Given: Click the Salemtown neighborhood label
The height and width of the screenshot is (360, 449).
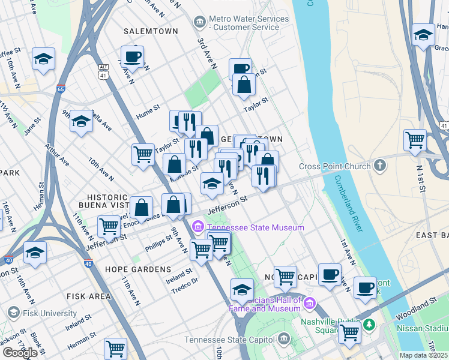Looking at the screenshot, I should click(x=151, y=31).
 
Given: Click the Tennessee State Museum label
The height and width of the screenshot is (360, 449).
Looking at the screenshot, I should click(x=255, y=227).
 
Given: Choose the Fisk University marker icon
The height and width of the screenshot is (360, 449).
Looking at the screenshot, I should click(x=13, y=313).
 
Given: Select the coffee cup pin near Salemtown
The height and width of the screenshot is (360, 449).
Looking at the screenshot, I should click(x=132, y=57).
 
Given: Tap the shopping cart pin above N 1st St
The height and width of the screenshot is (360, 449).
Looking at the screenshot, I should click(x=415, y=140).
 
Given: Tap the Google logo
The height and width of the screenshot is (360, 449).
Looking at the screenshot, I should click(x=20, y=353).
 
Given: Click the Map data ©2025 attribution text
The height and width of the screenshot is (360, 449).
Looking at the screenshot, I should click(x=423, y=355).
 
